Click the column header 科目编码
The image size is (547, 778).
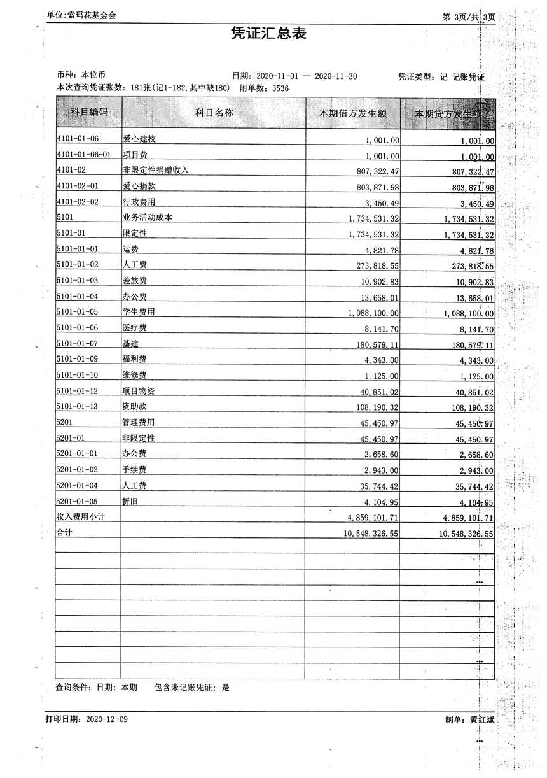coord(88,113)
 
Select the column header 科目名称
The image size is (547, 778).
coord(214,113)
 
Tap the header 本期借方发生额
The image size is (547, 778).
coord(353,113)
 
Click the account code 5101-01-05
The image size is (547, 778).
coord(78,312)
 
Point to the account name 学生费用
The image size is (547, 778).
coord(139,312)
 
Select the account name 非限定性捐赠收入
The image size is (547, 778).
coord(156,170)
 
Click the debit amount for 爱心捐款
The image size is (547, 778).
coord(373,186)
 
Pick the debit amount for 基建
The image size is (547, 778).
coord(373,344)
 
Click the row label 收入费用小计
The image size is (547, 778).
coord(80,517)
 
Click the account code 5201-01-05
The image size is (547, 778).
coord(78,502)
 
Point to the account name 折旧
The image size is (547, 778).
coord(130,502)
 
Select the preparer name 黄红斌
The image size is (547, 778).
coord(482,719)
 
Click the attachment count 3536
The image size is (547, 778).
coord(280,88)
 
